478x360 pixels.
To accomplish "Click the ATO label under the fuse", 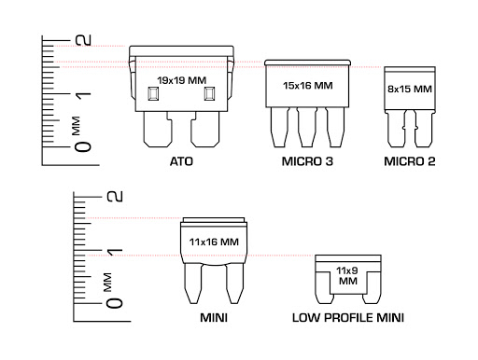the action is [181, 161].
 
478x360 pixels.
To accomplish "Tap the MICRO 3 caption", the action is [307, 161].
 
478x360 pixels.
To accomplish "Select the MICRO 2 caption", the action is [410, 161].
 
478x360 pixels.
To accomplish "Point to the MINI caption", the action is [214, 318].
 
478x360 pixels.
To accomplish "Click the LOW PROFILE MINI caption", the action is [348, 318].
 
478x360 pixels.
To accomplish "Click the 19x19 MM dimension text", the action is [182, 80].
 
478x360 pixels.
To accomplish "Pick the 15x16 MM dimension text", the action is [308, 86].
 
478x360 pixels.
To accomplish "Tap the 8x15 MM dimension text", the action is [410, 90].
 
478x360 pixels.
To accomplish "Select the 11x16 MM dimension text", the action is [214, 242].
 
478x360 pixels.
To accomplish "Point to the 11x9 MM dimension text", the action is [348, 276].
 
